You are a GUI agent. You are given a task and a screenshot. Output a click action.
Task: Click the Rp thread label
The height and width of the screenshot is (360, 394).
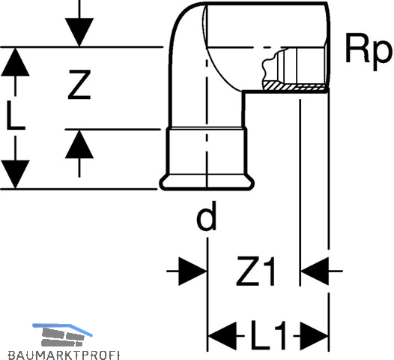pos(369,52)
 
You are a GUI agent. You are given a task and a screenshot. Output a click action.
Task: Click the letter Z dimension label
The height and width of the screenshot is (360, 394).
pos(79,85)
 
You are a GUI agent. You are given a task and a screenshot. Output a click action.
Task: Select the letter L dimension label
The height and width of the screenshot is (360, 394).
pos(15,115)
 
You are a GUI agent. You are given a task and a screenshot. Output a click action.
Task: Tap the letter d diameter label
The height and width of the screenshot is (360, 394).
pos(207,215)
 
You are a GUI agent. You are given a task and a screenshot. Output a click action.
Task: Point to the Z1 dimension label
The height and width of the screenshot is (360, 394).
pos(255,271)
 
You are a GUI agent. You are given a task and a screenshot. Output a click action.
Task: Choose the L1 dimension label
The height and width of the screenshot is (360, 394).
pos(269,335)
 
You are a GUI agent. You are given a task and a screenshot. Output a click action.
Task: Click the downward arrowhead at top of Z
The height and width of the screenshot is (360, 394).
pos(79,32)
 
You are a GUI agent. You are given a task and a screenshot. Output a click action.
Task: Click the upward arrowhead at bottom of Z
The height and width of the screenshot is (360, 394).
pos(79,144)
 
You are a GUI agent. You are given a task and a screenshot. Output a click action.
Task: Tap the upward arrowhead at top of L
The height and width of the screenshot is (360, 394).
pos(15,61)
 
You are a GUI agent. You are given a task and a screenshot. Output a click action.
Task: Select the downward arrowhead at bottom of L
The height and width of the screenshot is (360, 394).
pos(15,174)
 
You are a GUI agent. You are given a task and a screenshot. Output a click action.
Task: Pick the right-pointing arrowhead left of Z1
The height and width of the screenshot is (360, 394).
pos(193,271)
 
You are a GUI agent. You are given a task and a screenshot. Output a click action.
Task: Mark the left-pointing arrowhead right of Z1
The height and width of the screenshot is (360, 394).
pos(315,271)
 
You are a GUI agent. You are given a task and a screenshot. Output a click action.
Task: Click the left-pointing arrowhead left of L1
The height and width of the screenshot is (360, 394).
pos(222,335)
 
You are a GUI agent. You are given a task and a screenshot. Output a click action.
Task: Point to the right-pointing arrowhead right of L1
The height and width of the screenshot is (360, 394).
pos(315,335)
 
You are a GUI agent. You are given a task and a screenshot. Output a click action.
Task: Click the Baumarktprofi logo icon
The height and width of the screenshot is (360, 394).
pos(62,334)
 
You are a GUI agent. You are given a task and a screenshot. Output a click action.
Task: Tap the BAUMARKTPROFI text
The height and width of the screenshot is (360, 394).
pos(64,355)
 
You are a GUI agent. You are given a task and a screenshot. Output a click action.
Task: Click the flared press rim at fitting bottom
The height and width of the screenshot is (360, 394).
pos(207,182)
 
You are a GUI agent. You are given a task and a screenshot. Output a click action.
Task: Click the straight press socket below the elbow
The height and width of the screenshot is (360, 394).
pos(207,151)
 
